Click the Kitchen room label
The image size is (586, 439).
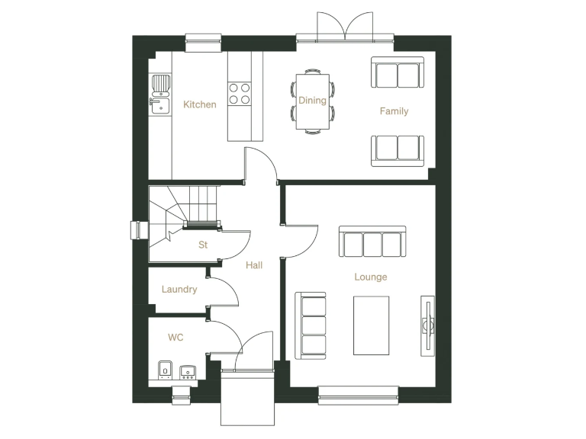(x=200, y=104)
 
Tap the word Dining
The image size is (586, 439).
(x=312, y=101)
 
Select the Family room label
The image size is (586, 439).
(x=394, y=111)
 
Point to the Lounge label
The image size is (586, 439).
(x=371, y=277)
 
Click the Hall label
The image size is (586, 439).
(x=254, y=265)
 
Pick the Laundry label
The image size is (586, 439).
(x=179, y=290)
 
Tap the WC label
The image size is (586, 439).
(x=175, y=337)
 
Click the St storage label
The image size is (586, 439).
(x=203, y=245)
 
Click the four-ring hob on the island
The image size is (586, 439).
(x=240, y=92)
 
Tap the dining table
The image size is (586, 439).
(x=311, y=100)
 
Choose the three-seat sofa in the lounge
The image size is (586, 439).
(x=373, y=242)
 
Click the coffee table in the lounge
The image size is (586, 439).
(x=372, y=325)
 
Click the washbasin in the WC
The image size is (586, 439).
(x=188, y=372)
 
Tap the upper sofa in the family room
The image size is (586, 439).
(x=397, y=72)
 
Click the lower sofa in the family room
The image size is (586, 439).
(x=398, y=149)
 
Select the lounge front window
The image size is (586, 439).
(x=359, y=393)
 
